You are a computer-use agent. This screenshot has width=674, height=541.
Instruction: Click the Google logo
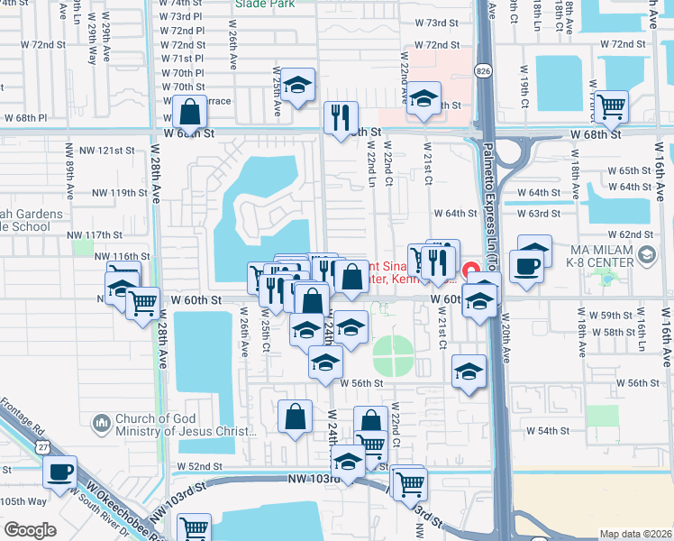[x=29, y=530]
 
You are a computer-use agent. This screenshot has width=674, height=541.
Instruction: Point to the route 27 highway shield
[x=43, y=446]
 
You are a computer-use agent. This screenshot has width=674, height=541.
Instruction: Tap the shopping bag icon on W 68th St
[x=190, y=113]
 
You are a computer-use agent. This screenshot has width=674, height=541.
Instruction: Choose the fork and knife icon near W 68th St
[x=342, y=118]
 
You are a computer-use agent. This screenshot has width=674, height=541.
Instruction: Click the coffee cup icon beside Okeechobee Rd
[x=60, y=472]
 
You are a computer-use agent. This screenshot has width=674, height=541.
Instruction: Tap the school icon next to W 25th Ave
[x=297, y=87]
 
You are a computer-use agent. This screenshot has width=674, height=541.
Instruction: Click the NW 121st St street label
[x=113, y=150]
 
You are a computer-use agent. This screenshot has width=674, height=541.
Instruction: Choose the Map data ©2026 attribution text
[x=635, y=534]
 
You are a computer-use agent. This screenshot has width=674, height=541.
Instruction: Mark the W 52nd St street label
[x=198, y=466]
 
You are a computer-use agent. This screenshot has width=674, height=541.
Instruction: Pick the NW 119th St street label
[x=113, y=193]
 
